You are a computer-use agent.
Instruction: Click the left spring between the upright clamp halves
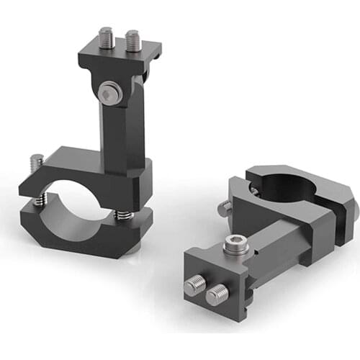[45, 196]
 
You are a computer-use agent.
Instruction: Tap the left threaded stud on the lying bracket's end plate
[195, 285]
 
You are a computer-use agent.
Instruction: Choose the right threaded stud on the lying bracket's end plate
[218, 293]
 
